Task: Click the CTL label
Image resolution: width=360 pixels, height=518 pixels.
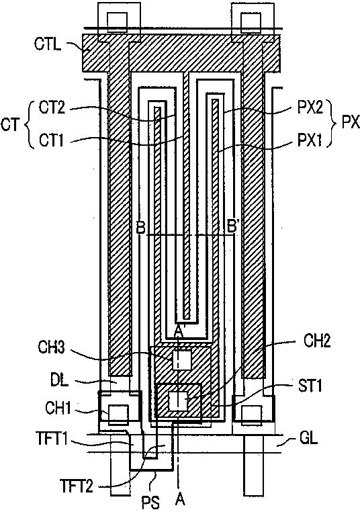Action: tap(48, 44)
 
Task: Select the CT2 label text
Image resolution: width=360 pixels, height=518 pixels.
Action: tap(52, 107)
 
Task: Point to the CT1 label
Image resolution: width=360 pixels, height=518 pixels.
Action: tap(52, 140)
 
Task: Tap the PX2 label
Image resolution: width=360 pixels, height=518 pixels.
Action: tap(310, 108)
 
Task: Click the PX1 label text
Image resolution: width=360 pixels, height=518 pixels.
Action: tap(309, 141)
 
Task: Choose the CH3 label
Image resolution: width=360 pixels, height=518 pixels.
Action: tap(52, 347)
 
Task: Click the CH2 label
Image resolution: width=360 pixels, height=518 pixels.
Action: tap(317, 341)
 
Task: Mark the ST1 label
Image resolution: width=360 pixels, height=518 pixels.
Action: tap(309, 386)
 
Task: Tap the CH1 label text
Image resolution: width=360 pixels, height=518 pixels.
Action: tap(58, 408)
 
